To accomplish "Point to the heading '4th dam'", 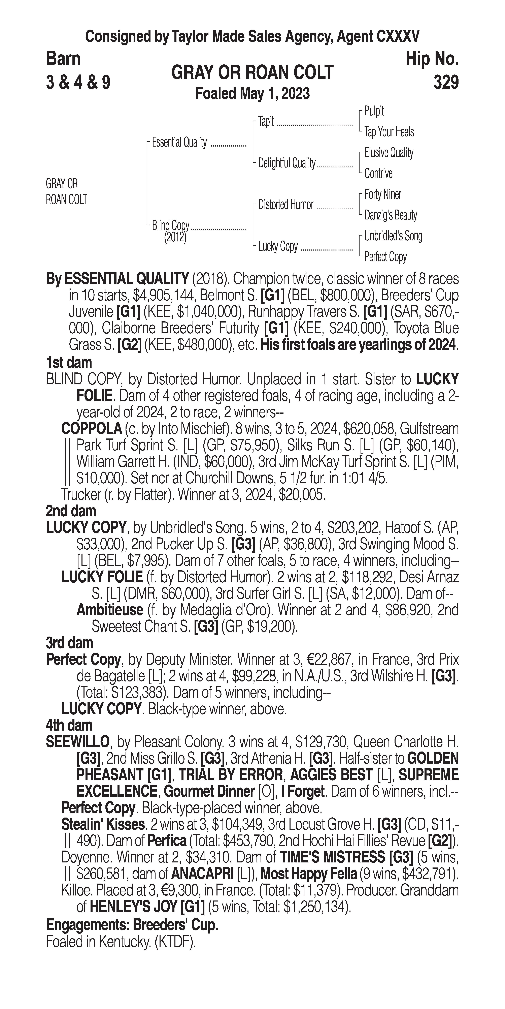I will pyautogui.click(x=69, y=725).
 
